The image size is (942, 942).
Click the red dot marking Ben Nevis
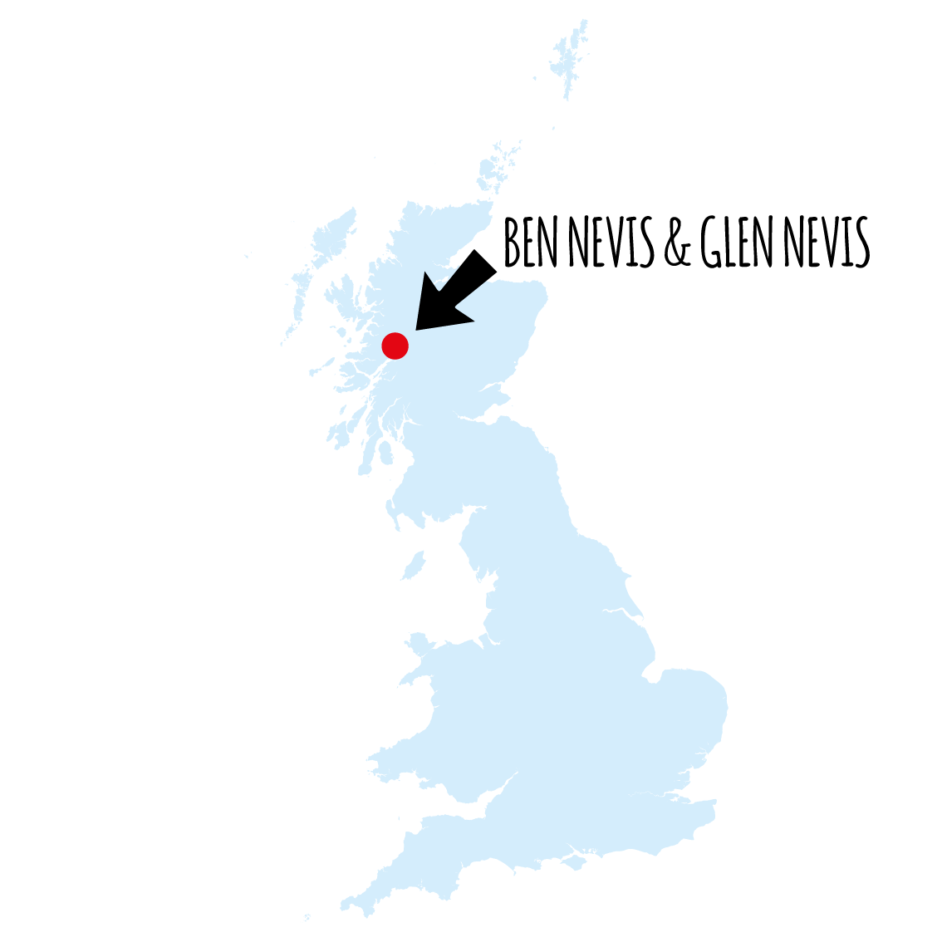click(x=395, y=346)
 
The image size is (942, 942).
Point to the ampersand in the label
click(x=677, y=244)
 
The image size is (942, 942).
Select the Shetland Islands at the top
click(x=568, y=62)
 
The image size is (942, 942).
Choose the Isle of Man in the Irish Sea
click(x=414, y=566)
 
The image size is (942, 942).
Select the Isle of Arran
click(x=385, y=453)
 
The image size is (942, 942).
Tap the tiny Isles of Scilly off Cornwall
click(x=307, y=919)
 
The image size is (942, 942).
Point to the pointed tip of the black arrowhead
click(x=416, y=330)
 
